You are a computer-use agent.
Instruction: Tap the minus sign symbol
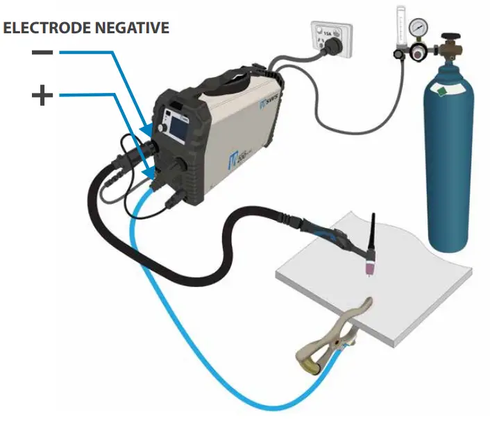point(42,53)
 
